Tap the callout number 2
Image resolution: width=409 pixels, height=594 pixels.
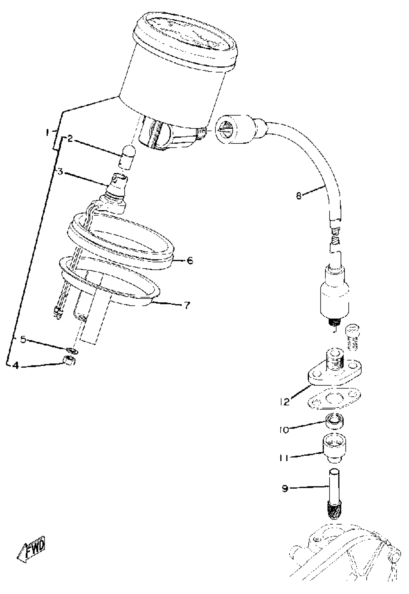pos(70,139)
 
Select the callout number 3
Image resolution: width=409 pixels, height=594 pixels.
pos(60,171)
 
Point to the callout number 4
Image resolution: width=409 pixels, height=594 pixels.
pos(16,365)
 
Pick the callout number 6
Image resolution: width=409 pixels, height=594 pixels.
pos(190,261)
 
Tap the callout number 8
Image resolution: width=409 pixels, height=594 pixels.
pos(299,196)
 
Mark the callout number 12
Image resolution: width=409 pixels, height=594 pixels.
pos(285,401)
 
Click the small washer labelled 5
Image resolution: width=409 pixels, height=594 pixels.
pos(72,350)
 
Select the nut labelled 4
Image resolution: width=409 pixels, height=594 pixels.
pos(69,360)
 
